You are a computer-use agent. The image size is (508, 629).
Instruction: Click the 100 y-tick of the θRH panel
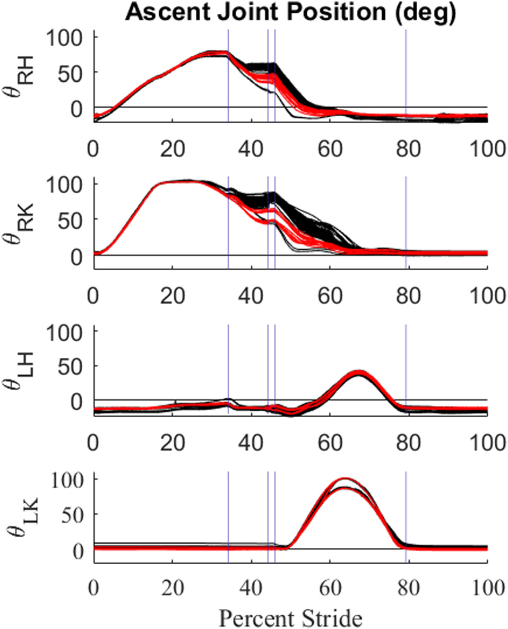tap(66, 38)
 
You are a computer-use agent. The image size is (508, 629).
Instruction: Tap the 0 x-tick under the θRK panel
tap(94, 293)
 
